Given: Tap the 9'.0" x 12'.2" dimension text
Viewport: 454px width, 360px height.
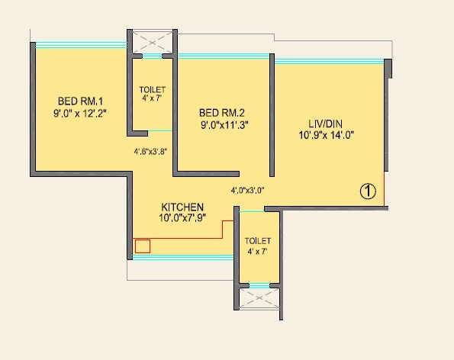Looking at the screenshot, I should (x=79, y=114).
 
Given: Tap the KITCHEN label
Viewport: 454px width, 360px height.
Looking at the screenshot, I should (x=182, y=207).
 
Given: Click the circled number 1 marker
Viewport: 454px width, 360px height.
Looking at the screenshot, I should (x=368, y=191).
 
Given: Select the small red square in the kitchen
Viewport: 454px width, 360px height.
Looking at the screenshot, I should (x=143, y=246).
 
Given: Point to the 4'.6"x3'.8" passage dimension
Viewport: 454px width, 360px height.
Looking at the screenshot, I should (x=150, y=151).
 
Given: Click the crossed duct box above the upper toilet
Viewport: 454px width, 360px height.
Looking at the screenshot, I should (x=153, y=42).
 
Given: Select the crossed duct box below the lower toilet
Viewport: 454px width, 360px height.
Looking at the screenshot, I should (x=259, y=297).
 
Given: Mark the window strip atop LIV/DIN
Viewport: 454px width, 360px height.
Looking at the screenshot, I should (x=328, y=59).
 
